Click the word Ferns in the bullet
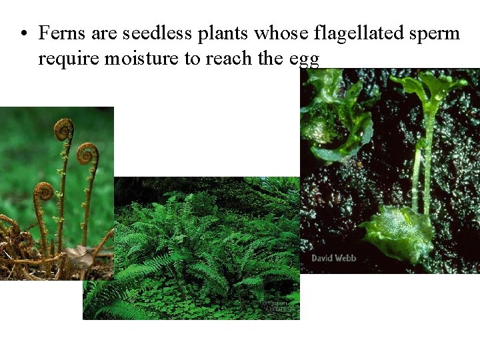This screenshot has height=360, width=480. [x=59, y=33]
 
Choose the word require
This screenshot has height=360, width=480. [x=68, y=60]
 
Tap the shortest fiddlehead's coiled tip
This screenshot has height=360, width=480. [x=43, y=192]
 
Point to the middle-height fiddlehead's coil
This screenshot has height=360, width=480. [x=87, y=154]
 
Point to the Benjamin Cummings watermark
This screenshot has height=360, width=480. [x=276, y=305]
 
